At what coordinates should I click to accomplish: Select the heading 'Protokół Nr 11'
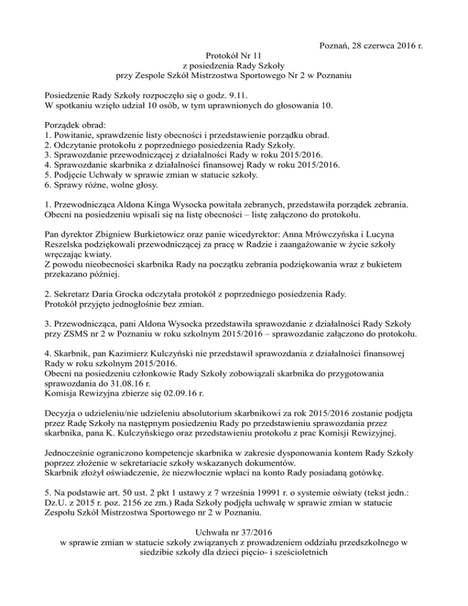233,56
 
